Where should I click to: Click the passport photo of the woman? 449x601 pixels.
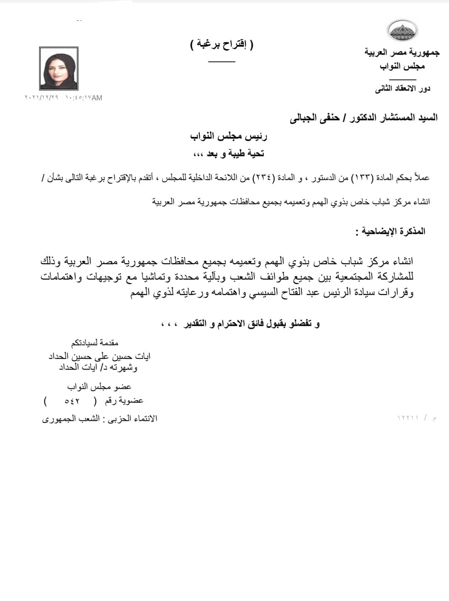[x=59, y=68]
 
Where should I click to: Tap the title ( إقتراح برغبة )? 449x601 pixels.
[x=222, y=44]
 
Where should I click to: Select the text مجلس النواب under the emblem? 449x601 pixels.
[x=402, y=66]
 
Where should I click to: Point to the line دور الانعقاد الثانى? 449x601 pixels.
[x=402, y=89]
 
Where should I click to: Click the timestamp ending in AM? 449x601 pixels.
[x=63, y=98]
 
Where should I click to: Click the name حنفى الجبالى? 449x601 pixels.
[x=315, y=118]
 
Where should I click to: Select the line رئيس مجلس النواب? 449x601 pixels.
[x=229, y=136]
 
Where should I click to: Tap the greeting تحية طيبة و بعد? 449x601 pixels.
[x=229, y=154]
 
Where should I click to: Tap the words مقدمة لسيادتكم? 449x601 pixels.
[x=95, y=343]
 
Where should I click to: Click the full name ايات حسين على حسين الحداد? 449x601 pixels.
[x=99, y=356]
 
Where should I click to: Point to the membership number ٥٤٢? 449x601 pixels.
[x=72, y=401]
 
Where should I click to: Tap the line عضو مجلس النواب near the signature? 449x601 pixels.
[x=99, y=387]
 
